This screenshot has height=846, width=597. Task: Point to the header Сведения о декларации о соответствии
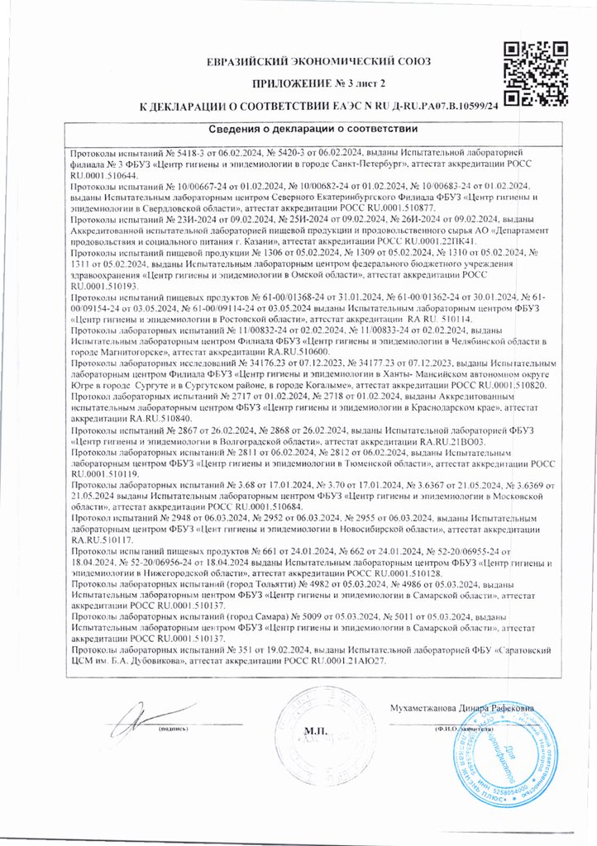click(x=312, y=130)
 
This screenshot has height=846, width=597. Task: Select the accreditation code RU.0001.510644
click(x=104, y=176)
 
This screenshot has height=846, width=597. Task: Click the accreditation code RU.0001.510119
click(x=104, y=474)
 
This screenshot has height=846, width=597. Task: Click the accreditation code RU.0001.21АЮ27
click(x=345, y=662)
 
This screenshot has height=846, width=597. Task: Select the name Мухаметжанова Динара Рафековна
click(x=461, y=707)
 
